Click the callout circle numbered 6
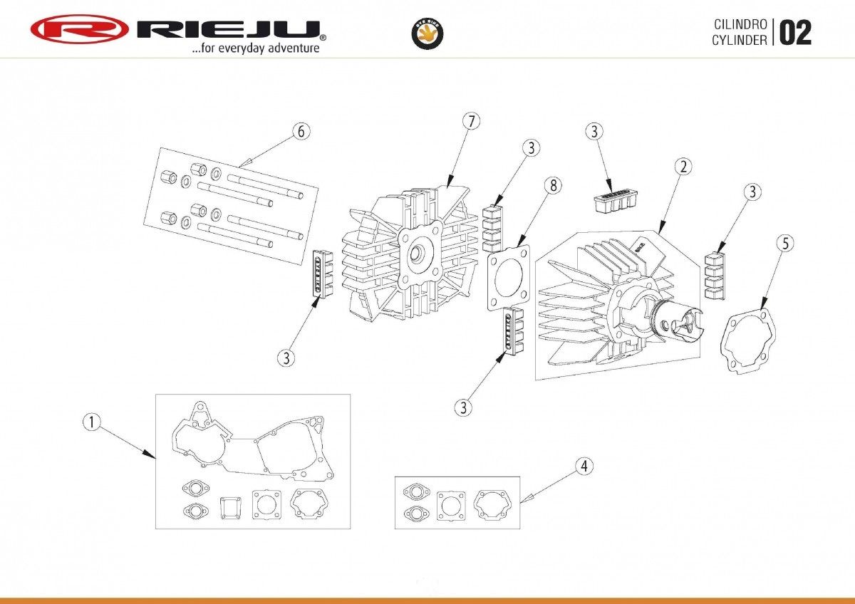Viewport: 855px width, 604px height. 301,131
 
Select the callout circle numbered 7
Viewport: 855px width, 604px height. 470,121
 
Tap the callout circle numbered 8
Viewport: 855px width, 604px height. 552,185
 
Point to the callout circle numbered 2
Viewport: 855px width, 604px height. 683,167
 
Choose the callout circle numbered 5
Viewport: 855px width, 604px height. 784,243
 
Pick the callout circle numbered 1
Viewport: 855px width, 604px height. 91,422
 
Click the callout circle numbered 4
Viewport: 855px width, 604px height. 584,467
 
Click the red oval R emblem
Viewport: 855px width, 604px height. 79,29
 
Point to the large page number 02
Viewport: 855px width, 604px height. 794,33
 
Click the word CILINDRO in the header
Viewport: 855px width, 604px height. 740,24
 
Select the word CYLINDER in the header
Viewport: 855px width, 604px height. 740,40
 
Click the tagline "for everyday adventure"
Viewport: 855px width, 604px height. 254,48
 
